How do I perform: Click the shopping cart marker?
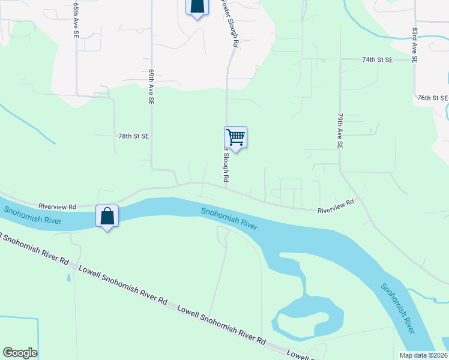(x=235, y=138)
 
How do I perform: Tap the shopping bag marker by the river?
(x=107, y=217)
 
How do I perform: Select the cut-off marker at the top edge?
(x=197, y=7)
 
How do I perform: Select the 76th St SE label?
(x=432, y=98)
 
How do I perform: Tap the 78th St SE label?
(x=133, y=136)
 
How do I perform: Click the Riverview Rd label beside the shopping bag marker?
(x=58, y=205)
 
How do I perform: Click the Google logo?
(x=20, y=353)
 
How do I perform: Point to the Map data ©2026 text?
(x=423, y=355)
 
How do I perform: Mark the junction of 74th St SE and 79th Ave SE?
(x=340, y=60)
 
